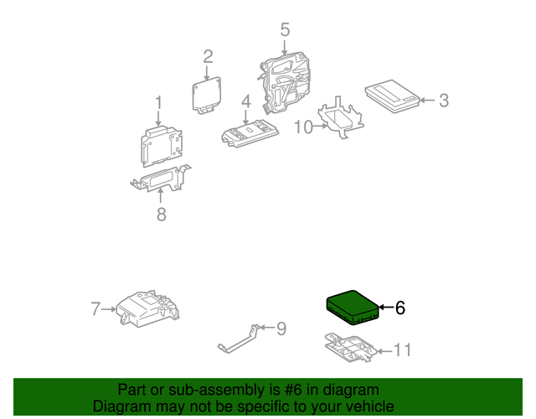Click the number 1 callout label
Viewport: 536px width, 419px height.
point(157,104)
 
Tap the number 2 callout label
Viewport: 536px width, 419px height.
point(208,57)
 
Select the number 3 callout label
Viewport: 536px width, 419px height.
point(443,101)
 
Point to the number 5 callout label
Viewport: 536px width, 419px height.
point(285,30)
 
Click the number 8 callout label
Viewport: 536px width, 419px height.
point(161,215)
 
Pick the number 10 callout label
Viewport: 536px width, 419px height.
point(302,127)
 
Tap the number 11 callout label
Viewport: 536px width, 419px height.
point(403,349)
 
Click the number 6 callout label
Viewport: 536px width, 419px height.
point(399,308)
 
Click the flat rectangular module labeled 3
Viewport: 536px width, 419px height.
point(393,96)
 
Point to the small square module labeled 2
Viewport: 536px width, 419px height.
point(209,95)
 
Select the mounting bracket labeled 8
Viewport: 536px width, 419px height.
point(159,181)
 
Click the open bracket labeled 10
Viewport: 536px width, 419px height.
point(342,119)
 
